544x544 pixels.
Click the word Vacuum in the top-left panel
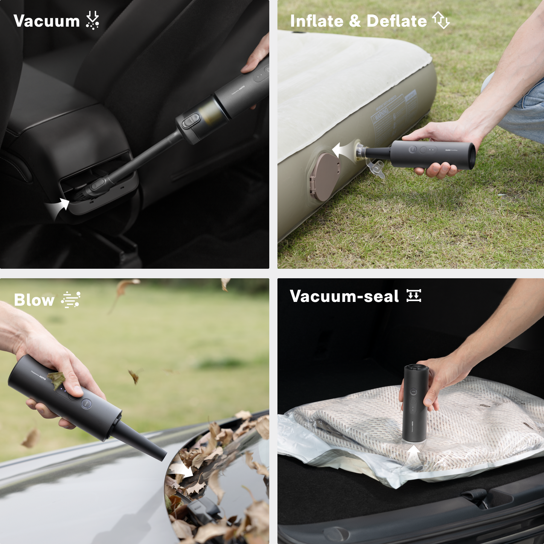pyautogui.click(x=46, y=21)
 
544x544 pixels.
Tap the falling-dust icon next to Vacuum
pyautogui.click(x=92, y=20)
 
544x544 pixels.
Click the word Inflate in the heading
pyautogui.click(x=317, y=21)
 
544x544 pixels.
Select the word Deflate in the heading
pyautogui.click(x=396, y=21)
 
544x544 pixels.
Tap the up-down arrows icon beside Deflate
pyautogui.click(x=441, y=20)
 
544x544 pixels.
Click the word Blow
pyautogui.click(x=34, y=300)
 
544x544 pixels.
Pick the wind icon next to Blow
pyautogui.click(x=71, y=300)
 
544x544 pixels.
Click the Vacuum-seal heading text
pyautogui.click(x=344, y=296)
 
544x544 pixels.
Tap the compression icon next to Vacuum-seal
pyautogui.click(x=414, y=296)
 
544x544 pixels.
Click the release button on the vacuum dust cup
pyautogui.click(x=190, y=120)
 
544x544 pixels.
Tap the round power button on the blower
pyautogui.click(x=86, y=403)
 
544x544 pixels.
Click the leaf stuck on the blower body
pyautogui.click(x=56, y=379)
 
